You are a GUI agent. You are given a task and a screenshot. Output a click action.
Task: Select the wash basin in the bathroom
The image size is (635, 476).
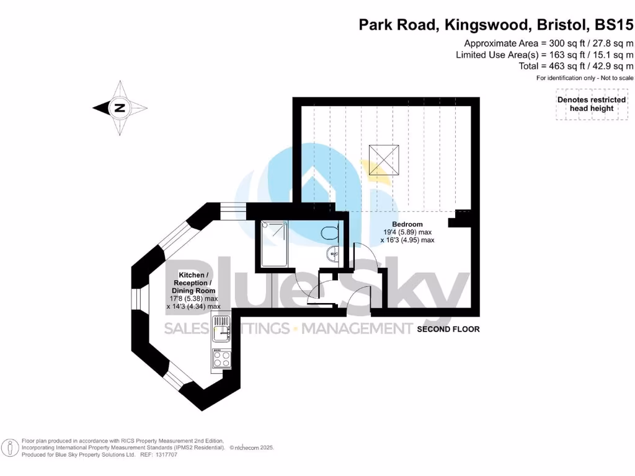tap(333, 253)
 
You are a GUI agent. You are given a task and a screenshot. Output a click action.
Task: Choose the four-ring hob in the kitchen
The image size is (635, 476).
tap(221, 360)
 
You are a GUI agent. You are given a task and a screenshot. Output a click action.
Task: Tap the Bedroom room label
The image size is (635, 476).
tap(407, 224)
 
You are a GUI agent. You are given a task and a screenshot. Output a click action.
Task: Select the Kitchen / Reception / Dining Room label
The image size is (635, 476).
tap(193, 283)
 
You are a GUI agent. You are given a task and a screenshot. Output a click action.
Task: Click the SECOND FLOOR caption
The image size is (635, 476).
tap(448, 329)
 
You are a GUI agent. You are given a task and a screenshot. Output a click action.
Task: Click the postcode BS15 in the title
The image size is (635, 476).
tap(614, 25)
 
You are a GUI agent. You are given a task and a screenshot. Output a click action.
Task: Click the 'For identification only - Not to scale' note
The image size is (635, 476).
tap(585, 78)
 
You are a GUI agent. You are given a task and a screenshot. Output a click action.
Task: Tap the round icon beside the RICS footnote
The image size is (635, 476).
tap(10, 448)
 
